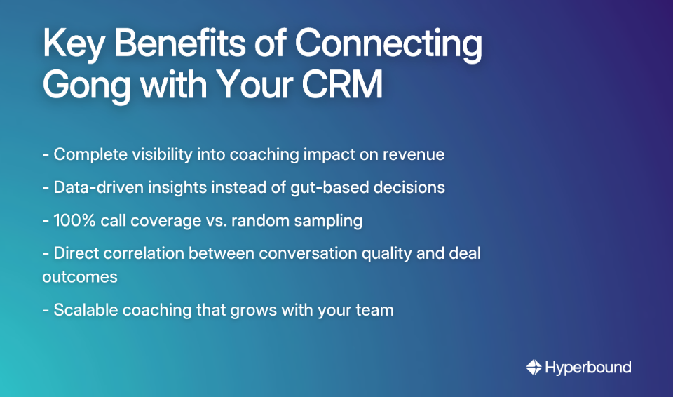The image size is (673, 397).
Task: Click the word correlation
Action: tap(141, 253)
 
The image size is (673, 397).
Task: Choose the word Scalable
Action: tap(84, 309)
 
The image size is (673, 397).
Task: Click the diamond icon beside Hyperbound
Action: tap(533, 367)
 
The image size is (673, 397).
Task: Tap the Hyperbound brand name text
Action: tap(588, 367)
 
